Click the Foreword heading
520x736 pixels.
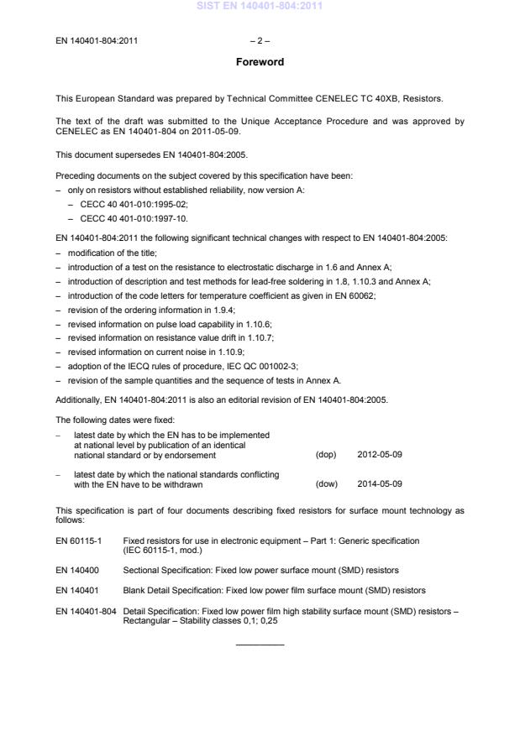(x=260, y=62)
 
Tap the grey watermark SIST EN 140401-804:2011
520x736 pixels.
(x=260, y=7)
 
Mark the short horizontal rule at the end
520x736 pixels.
(x=260, y=645)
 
